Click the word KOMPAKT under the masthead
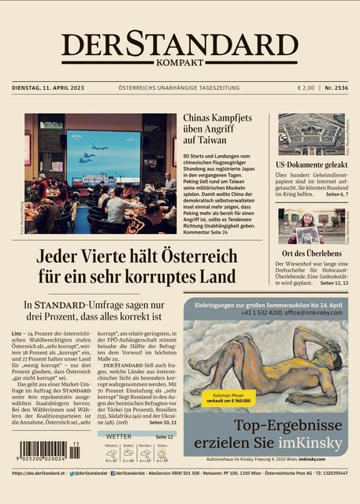tap(180, 63)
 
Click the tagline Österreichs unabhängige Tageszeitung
tap(180, 87)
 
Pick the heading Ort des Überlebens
tap(312, 254)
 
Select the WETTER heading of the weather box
tap(118, 435)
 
